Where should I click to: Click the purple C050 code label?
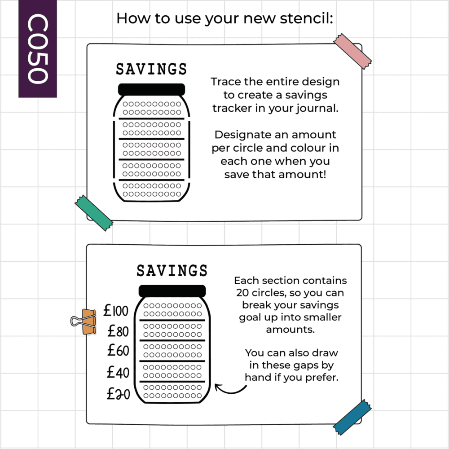[x=38, y=48]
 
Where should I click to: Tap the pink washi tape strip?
[x=352, y=51]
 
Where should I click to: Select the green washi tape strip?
[x=94, y=213]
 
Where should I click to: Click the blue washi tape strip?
[x=352, y=417]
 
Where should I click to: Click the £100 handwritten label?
[x=116, y=311]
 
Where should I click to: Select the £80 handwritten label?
[x=118, y=331]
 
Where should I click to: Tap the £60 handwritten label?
[x=118, y=351]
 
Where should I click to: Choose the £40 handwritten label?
[x=118, y=372]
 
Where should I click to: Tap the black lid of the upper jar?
[x=151, y=89]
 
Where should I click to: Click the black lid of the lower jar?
[x=172, y=291]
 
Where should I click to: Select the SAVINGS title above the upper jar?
[x=151, y=69]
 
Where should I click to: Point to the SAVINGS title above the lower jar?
[x=172, y=271]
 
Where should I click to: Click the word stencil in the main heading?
[x=306, y=18]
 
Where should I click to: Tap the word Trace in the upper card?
[x=226, y=82]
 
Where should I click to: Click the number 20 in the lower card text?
[x=242, y=293]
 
